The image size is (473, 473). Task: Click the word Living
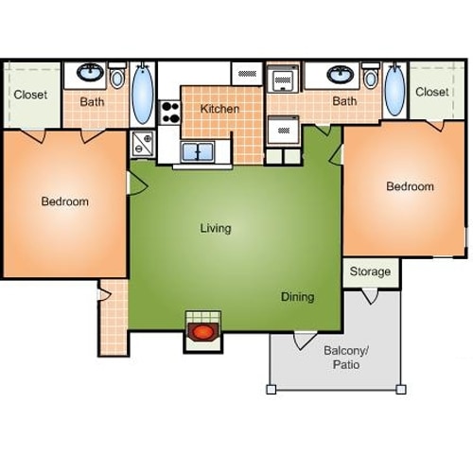point(216,228)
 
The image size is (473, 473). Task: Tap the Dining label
point(297,297)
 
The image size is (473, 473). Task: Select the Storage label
point(370,272)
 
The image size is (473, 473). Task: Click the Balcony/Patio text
point(345,357)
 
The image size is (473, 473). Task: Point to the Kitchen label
point(219,109)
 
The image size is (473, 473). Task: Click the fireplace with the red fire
point(202,332)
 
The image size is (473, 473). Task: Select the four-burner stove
point(169,113)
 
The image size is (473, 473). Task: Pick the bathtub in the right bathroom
point(393,91)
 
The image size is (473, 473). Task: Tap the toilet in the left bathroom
point(117,77)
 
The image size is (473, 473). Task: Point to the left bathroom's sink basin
point(91,72)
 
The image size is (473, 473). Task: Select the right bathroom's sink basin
point(342,73)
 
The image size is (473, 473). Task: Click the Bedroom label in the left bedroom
point(64,201)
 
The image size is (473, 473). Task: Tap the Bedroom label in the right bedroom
point(410,186)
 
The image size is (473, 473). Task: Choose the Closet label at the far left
point(31,94)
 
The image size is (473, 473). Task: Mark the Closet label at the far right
point(431,92)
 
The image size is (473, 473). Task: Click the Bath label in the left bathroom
point(92,101)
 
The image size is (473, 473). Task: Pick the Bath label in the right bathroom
point(344,101)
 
